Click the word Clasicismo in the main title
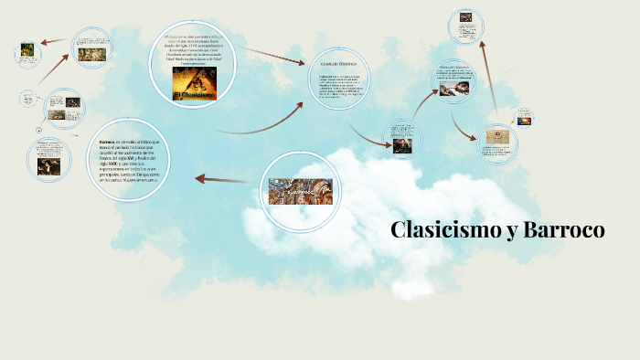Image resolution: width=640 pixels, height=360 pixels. click(443, 230)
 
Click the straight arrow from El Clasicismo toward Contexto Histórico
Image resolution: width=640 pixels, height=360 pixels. click(274, 56)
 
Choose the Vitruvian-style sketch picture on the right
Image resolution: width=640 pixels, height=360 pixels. click(499, 137)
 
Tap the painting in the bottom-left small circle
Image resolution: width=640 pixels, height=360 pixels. click(48, 165)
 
